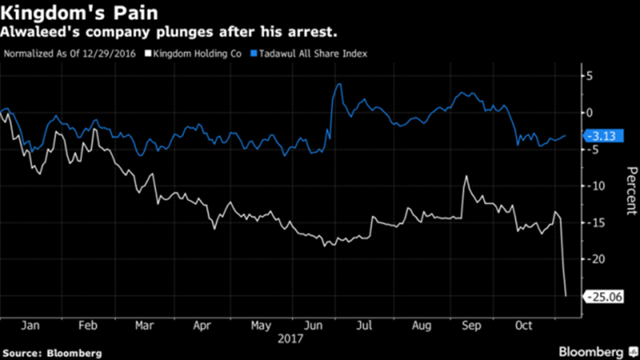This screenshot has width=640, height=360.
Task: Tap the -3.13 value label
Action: (x=603, y=136)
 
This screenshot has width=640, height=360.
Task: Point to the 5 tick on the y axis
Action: (x=588, y=77)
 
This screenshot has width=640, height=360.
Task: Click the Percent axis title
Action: (x=631, y=191)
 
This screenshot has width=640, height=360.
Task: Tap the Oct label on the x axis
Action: (x=525, y=326)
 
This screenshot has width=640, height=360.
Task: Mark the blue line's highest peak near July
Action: (x=339, y=84)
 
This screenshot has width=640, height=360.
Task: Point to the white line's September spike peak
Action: (x=465, y=176)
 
